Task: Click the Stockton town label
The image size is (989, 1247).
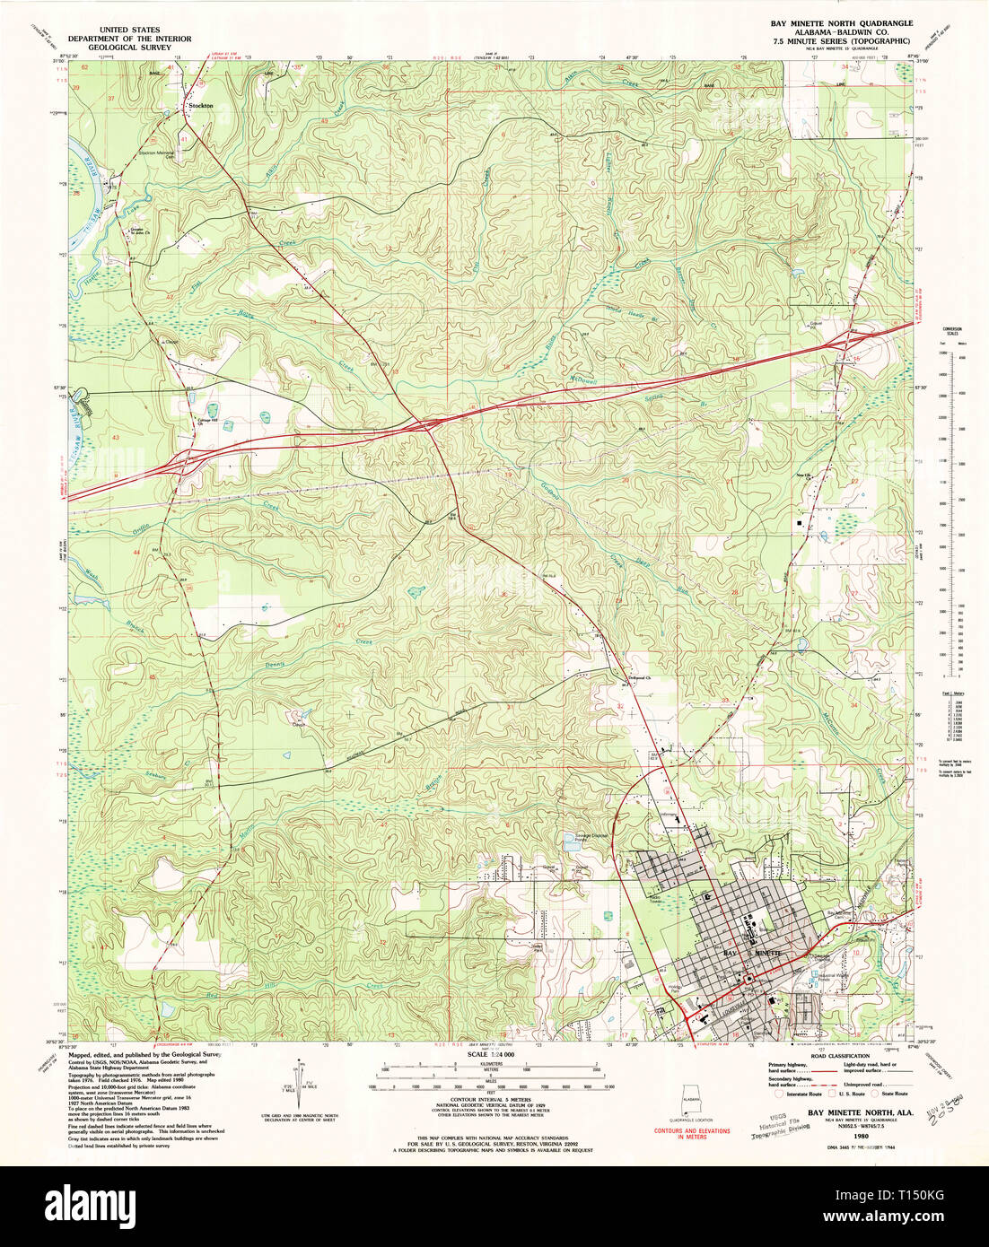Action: [x=200, y=106]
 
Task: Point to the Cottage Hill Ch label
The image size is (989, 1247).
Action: [x=209, y=422]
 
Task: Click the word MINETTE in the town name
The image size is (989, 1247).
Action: [x=768, y=951]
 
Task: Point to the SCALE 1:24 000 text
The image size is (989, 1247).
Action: [x=494, y=1054]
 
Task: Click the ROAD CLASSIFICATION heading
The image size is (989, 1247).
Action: [x=840, y=1056]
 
